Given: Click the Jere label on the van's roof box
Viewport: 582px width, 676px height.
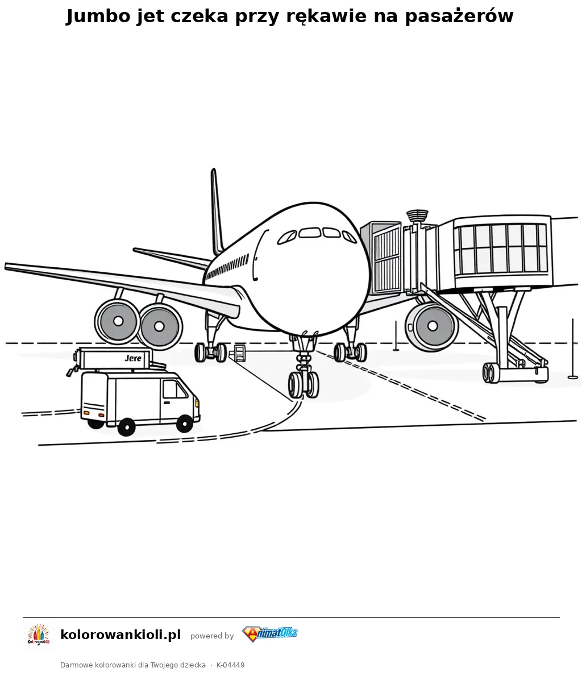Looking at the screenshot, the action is click(133, 358).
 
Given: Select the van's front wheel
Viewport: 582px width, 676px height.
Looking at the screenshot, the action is click(185, 424).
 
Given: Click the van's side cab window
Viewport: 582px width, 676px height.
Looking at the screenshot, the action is click(174, 389).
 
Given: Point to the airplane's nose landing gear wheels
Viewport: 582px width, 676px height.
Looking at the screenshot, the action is click(304, 384).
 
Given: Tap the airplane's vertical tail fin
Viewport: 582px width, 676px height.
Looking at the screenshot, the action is click(217, 212).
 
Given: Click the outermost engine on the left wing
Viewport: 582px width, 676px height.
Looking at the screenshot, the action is click(117, 321).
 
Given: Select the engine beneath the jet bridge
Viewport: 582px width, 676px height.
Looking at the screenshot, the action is click(431, 326).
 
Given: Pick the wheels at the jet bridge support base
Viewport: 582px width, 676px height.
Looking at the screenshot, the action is click(490, 373).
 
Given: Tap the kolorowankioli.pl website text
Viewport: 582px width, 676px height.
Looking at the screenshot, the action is click(120, 635).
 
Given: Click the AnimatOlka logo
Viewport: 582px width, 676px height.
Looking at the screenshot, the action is click(270, 634).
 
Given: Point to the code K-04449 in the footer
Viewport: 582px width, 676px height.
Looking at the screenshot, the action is click(230, 665).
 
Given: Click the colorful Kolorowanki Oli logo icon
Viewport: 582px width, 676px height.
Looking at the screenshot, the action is click(39, 634).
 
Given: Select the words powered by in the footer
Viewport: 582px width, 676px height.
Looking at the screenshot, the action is click(212, 636).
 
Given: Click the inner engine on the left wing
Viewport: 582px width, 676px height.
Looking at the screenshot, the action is click(160, 326).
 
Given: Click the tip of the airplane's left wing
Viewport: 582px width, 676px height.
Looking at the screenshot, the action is click(6, 266).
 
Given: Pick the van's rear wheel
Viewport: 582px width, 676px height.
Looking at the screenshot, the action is click(126, 427).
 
